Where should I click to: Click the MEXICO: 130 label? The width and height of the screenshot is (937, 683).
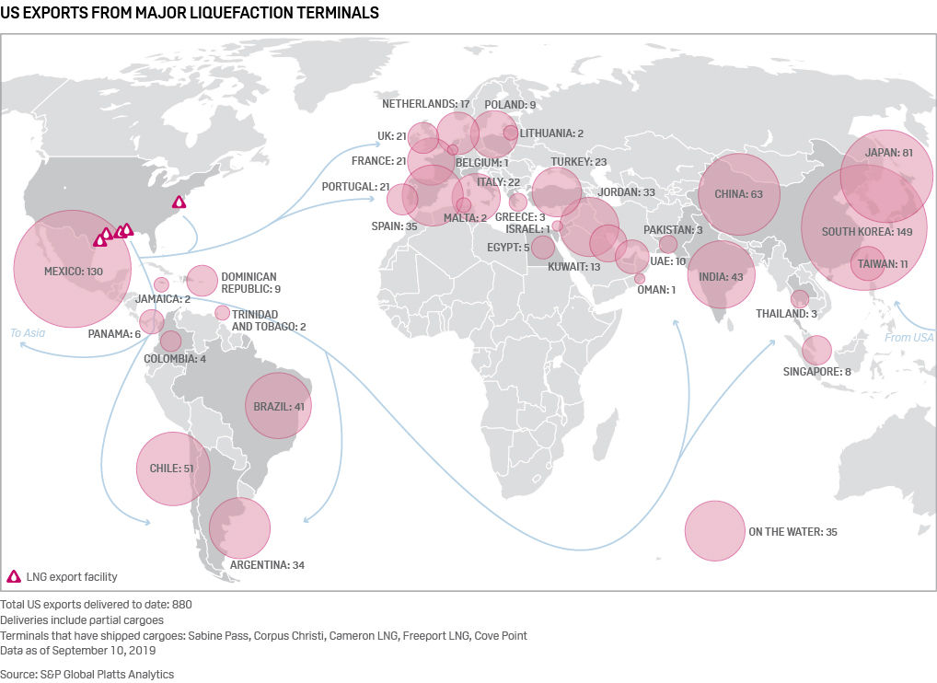click(74, 272)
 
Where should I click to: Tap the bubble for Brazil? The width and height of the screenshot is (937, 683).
click(279, 406)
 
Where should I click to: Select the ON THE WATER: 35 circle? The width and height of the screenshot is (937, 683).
click(714, 531)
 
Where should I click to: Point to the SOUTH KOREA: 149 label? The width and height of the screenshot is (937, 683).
click(867, 231)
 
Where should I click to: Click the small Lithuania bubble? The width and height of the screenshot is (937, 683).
click(511, 133)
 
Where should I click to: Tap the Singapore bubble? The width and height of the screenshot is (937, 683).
click(816, 351)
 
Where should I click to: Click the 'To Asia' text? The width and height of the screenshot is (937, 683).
click(28, 333)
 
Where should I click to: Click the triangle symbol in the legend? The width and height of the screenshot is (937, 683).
click(14, 577)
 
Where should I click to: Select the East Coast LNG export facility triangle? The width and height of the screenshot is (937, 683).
click(179, 202)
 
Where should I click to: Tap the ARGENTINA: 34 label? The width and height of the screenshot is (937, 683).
click(267, 564)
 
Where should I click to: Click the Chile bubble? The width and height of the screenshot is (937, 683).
click(173, 469)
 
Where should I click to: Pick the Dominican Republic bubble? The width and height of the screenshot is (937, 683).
click(202, 278)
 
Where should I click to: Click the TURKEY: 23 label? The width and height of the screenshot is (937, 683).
click(578, 162)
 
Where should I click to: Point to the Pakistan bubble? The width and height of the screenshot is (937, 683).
click(668, 244)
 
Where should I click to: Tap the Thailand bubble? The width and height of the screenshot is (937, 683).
click(800, 299)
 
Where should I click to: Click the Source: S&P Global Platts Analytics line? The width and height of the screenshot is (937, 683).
click(87, 674)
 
